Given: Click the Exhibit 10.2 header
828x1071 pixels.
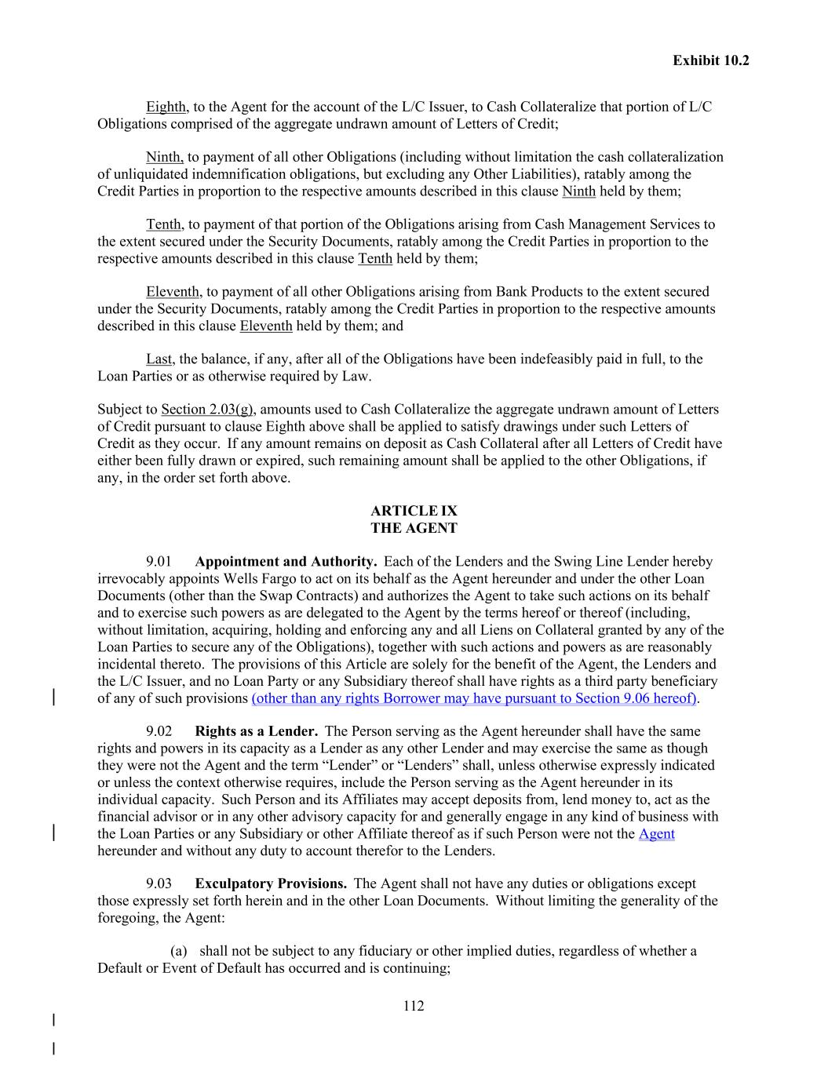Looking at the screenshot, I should click(710, 60).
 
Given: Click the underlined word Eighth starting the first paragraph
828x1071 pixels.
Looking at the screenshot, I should click(166, 107).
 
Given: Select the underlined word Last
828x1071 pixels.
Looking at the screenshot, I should click(159, 359).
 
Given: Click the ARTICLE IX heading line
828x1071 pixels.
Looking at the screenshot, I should click(414, 512).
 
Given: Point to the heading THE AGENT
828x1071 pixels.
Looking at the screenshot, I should click(414, 529).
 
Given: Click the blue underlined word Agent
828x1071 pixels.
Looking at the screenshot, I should click(656, 834).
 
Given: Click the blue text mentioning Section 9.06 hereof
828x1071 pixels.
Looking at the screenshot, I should click(474, 698).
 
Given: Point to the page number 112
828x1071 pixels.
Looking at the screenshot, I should click(414, 1006).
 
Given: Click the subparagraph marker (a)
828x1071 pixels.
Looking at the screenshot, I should click(179, 951).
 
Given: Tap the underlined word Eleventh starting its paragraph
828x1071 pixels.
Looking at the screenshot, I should click(173, 292).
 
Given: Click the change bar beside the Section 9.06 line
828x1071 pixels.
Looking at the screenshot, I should click(53, 698).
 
